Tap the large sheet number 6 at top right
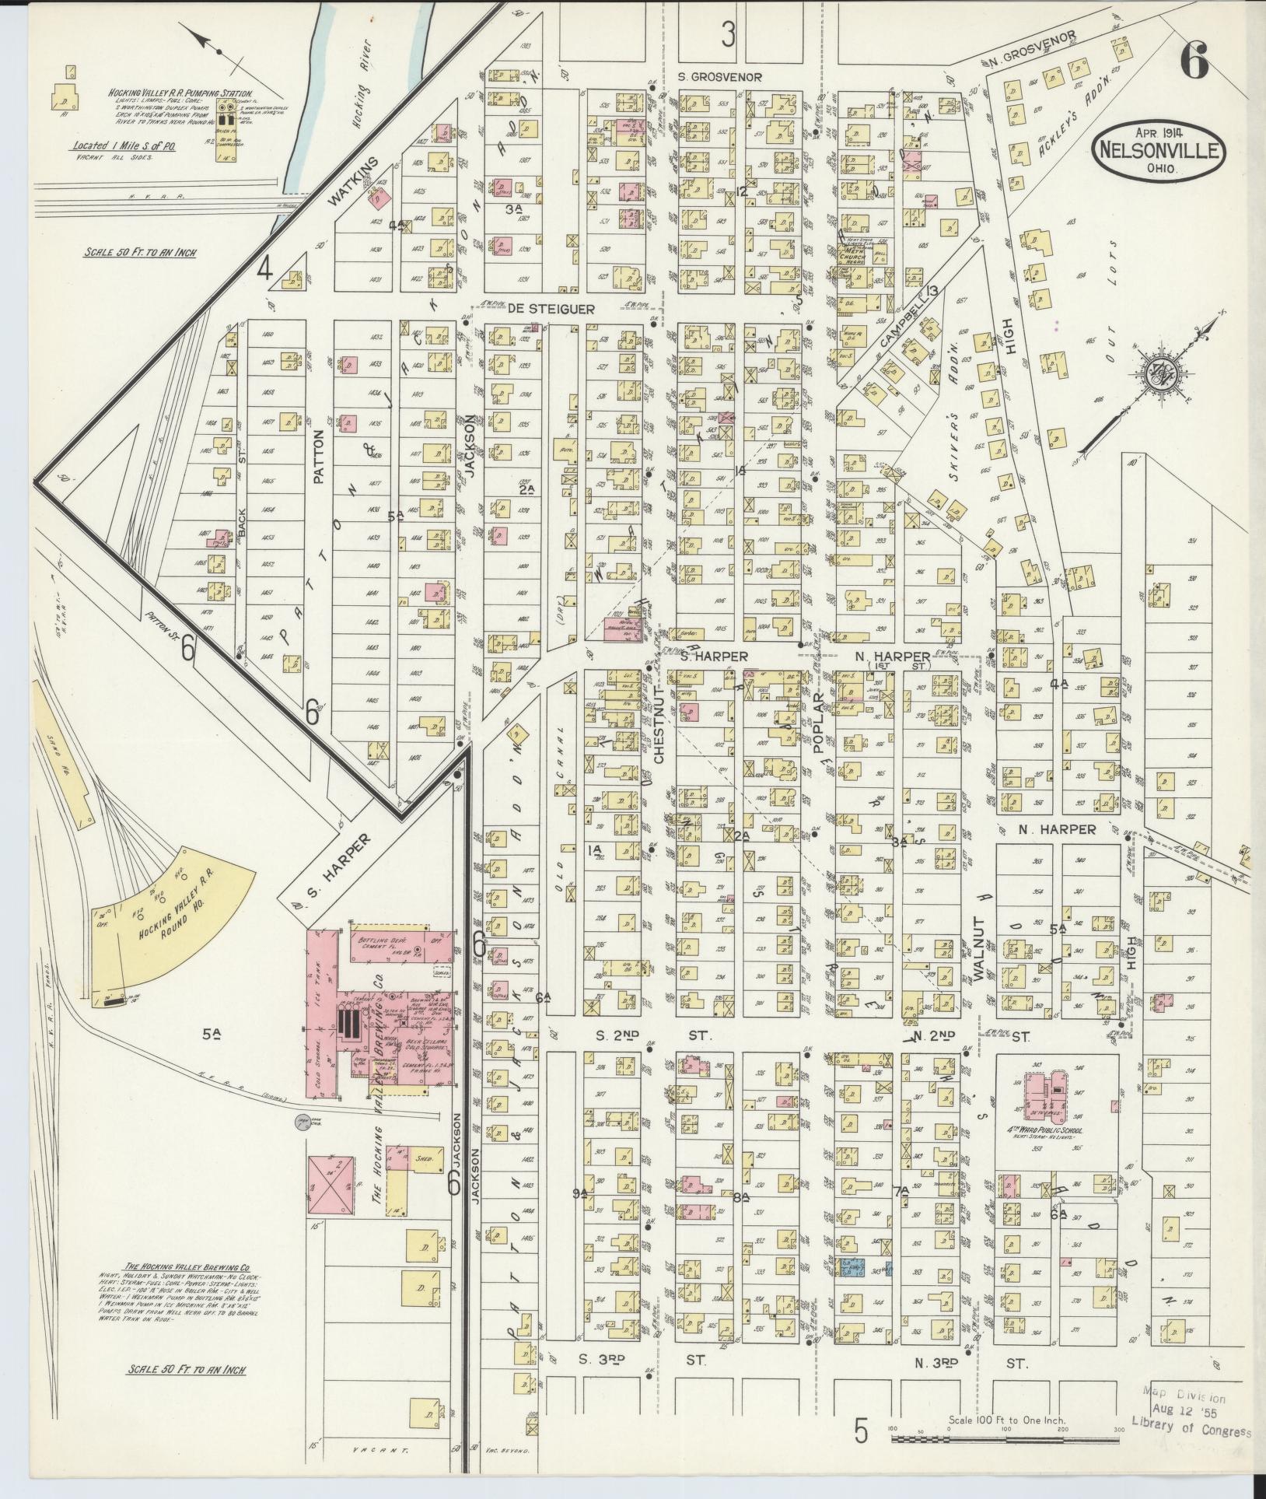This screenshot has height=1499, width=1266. click(1194, 60)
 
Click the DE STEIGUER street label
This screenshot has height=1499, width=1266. click(552, 309)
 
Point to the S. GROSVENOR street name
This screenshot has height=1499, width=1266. click(719, 77)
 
